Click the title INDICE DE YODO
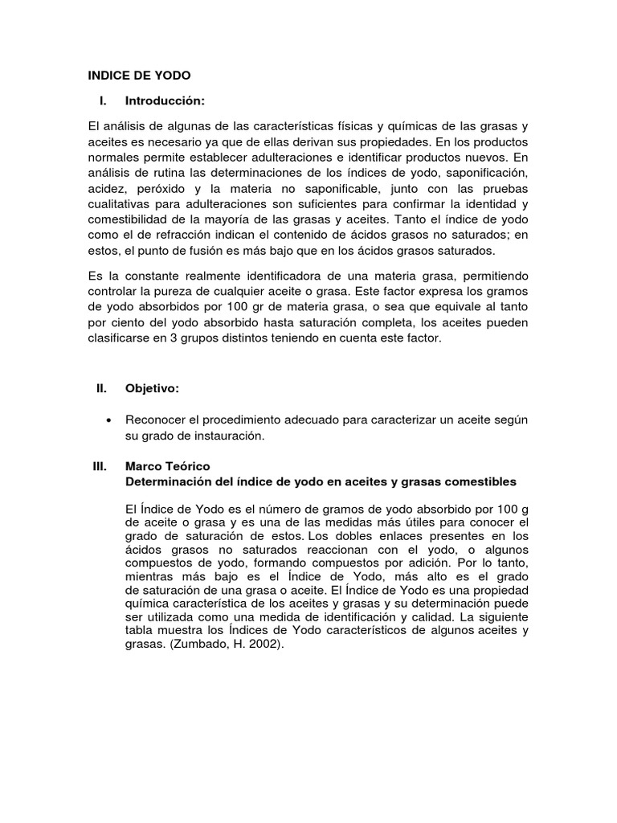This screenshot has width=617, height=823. [x=139, y=76]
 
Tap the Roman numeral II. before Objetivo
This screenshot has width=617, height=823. [x=100, y=388]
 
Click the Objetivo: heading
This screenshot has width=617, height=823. [x=152, y=388]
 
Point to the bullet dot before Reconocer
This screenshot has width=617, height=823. [x=108, y=420]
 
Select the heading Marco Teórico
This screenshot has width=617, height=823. [x=168, y=466]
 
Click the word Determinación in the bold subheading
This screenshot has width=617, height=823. [x=168, y=481]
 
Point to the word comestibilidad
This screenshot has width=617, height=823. [x=131, y=219]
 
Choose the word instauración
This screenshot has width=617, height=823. [x=226, y=436]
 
